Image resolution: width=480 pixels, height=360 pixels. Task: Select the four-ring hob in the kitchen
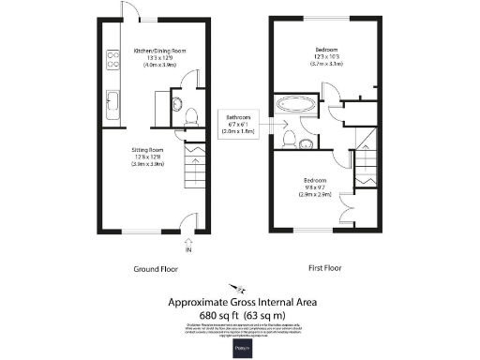pyautogui.click(x=112, y=59)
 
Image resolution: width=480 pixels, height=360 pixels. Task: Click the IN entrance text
pyautogui.click(x=188, y=250)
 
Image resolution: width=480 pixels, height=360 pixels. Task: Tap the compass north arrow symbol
pyautogui.click(x=240, y=289)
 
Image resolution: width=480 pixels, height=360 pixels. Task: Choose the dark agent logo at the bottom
pyautogui.click(x=239, y=347)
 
